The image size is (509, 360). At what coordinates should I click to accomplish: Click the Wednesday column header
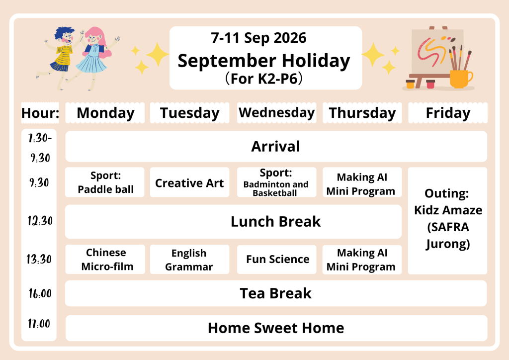(276, 113)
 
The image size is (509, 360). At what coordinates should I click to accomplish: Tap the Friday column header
(448, 113)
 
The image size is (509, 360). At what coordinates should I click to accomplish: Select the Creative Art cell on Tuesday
(189, 182)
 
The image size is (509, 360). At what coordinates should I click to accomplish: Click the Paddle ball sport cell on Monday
(105, 182)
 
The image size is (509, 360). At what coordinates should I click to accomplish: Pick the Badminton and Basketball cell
(276, 182)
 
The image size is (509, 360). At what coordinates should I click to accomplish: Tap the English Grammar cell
(189, 260)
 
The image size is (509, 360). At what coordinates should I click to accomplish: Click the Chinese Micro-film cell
(105, 260)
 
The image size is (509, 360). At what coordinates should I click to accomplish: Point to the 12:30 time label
(40, 221)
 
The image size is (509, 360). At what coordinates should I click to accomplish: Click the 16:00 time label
(40, 293)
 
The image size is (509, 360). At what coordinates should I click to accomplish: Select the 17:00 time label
(39, 324)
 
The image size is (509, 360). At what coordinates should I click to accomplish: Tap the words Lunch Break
(275, 222)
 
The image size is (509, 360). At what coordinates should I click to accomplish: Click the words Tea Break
(275, 293)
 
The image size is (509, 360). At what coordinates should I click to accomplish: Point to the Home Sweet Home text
(276, 328)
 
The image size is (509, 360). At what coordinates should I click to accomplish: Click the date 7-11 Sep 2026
(258, 38)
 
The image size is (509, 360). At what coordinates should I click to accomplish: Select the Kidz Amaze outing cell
(448, 221)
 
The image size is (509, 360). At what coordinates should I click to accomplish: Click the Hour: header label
(40, 113)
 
